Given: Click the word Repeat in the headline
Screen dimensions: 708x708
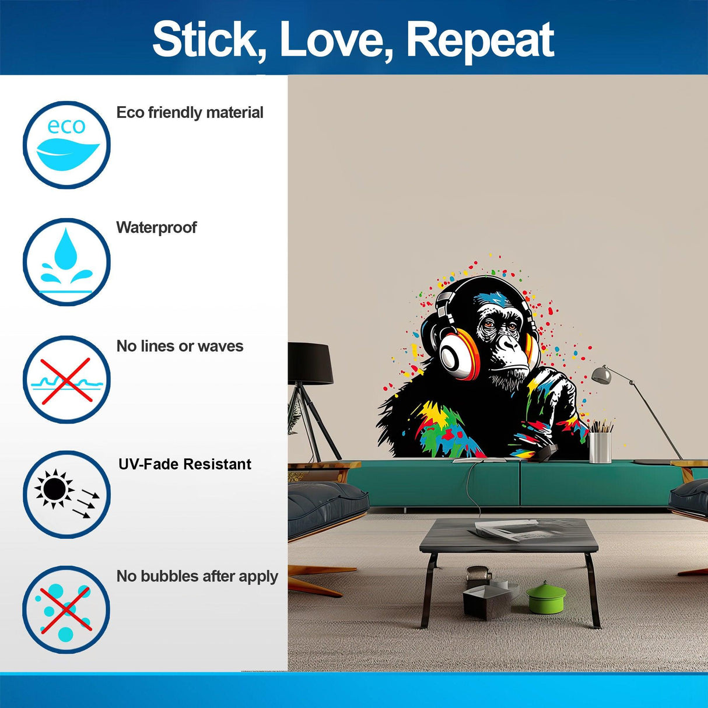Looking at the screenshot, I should pos(479,40).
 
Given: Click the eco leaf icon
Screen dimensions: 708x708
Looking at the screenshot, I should pos(66,145).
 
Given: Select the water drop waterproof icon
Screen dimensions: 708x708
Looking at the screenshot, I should pos(66,262).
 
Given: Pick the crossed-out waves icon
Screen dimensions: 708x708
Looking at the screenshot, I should pos(66,379).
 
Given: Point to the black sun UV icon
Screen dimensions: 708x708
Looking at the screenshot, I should pos(66,494).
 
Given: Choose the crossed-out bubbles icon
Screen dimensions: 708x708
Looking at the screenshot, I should pos(66,609).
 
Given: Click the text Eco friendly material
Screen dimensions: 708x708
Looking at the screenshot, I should pos(190,113).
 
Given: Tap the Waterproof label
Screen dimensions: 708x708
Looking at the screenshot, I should pos(156,227).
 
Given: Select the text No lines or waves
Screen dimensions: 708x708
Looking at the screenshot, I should pos(180,346).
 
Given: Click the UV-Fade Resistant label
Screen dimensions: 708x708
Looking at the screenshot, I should pos(185,464).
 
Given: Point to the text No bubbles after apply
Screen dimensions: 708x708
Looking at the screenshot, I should pos(197,577).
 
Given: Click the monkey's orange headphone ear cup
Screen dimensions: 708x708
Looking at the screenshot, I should pos(457,352).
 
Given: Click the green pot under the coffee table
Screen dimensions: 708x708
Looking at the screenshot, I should pos(546,598).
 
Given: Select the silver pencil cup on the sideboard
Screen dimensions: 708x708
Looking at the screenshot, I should pos(600,447).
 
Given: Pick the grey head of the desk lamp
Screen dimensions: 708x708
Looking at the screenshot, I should pos(602,374).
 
